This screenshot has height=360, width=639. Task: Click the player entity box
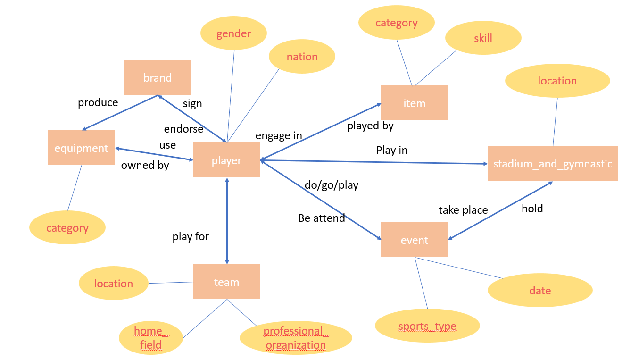click(x=226, y=160)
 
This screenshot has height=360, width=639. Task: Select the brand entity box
click(x=158, y=77)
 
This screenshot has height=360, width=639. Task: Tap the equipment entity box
click(x=81, y=148)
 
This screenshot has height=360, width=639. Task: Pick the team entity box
click(x=226, y=282)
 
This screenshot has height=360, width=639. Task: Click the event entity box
click(x=414, y=240)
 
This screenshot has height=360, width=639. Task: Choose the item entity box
click(x=414, y=103)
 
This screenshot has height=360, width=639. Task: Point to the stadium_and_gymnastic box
click(x=552, y=164)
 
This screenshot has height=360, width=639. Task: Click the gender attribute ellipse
click(x=233, y=33)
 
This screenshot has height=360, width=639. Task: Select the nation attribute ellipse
click(x=302, y=57)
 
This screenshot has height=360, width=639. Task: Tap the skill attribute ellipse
click(x=483, y=38)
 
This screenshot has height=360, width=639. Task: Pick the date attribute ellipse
click(x=540, y=290)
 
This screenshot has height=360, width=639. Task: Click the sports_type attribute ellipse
click(x=427, y=326)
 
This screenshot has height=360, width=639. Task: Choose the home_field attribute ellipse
click(x=150, y=338)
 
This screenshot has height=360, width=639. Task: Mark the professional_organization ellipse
click(x=296, y=338)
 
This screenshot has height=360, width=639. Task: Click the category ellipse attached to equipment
click(x=67, y=228)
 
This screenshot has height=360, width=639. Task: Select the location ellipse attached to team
click(x=114, y=283)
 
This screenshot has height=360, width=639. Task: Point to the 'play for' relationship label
click(x=191, y=236)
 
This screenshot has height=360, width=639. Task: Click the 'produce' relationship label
click(x=98, y=102)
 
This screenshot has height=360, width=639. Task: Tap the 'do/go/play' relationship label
click(x=332, y=185)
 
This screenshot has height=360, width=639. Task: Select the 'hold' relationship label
click(x=532, y=209)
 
